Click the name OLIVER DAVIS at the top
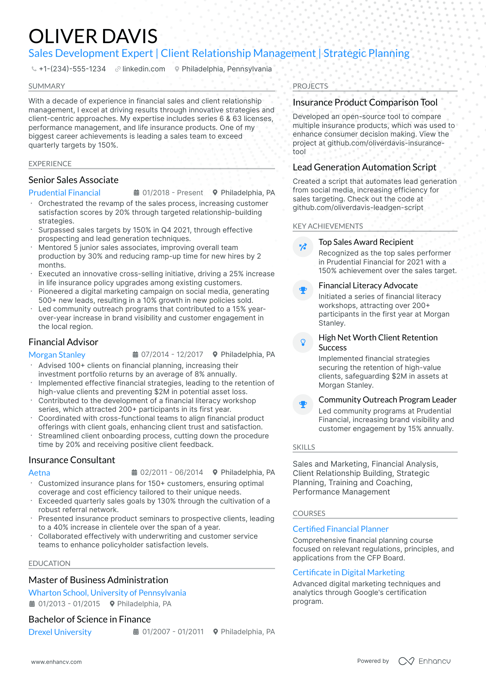93,36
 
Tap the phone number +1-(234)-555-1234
72,69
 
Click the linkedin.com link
143,69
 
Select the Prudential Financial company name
64,193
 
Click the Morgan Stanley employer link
57,355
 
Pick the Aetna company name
39,473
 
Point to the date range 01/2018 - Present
172,193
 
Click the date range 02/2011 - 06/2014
171,472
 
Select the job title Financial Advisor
63,342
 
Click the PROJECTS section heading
310,86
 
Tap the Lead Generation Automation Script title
364,167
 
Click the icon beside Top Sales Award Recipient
303,247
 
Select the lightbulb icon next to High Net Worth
303,342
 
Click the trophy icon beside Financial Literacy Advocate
303,290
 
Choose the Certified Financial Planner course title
341,529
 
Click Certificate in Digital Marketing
348,572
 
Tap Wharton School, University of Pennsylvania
107,593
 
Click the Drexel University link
60,632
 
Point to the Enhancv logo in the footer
424,661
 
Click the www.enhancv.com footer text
57,662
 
